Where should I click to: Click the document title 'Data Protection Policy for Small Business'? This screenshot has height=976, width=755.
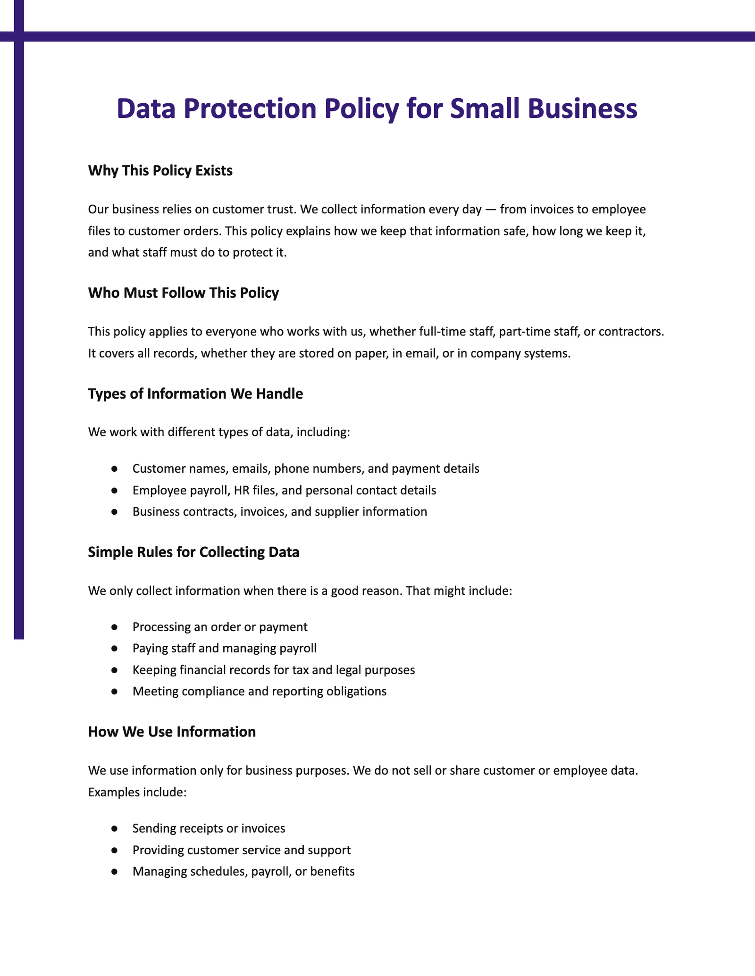[377, 109]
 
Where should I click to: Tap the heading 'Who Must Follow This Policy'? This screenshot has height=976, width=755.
[183, 293]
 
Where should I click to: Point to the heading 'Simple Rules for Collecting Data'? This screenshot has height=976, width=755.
[193, 552]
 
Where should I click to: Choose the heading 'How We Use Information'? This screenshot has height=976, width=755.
[172, 732]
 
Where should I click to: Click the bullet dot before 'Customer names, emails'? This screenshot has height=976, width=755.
[114, 469]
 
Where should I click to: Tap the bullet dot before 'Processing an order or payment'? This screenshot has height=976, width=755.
[114, 627]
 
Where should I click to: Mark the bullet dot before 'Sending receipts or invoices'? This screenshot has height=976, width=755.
[114, 828]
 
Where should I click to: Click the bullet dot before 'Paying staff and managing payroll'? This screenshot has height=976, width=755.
[114, 649]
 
